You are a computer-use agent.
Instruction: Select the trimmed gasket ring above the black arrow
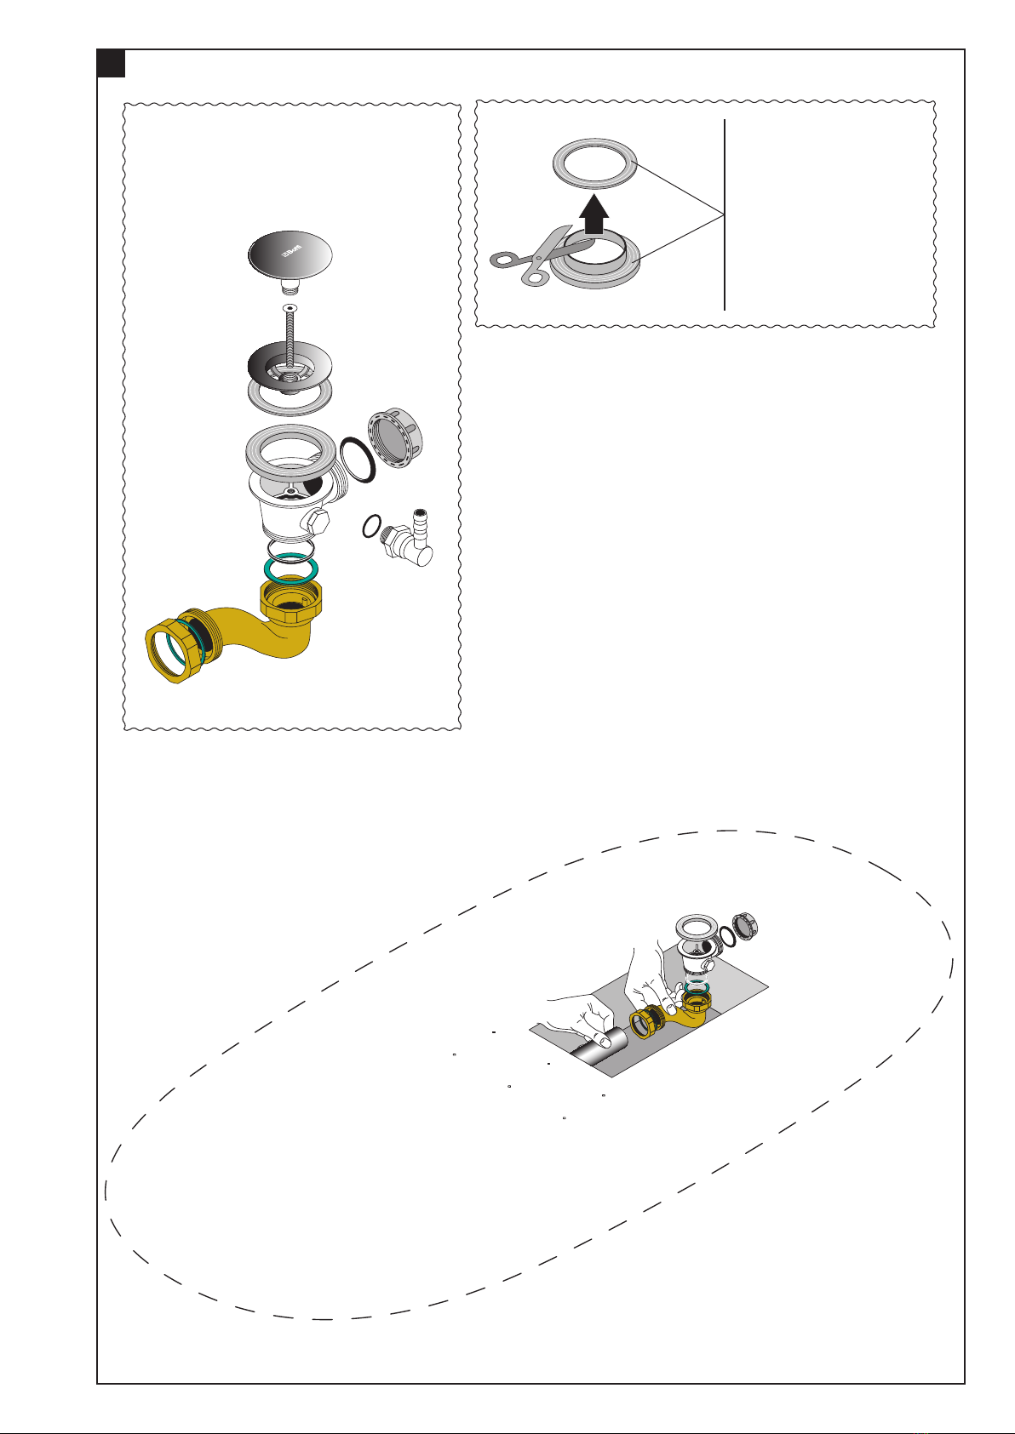[x=595, y=163]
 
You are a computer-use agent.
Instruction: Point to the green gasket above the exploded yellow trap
[x=291, y=567]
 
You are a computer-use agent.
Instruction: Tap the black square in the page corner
[x=111, y=64]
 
